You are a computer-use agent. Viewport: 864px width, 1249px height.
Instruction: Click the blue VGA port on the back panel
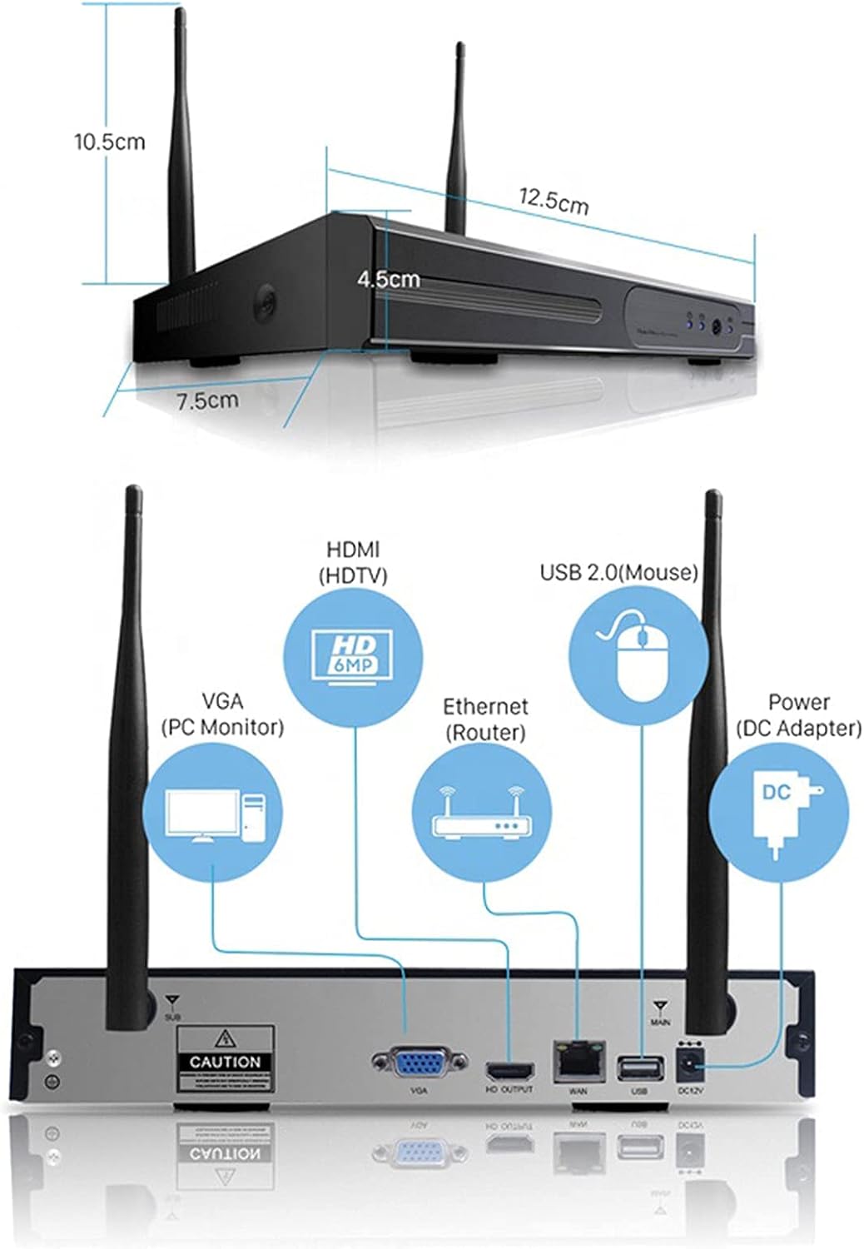point(419,1064)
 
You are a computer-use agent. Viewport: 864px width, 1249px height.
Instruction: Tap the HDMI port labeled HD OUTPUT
point(510,1070)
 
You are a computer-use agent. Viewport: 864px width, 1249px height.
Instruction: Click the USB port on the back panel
point(639,1067)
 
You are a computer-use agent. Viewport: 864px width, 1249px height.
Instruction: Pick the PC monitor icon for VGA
point(213,816)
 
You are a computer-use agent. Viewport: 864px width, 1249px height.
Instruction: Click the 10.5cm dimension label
point(109,142)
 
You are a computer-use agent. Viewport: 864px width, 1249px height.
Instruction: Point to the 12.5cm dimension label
point(554,202)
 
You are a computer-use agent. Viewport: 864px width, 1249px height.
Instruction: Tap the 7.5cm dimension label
point(207,401)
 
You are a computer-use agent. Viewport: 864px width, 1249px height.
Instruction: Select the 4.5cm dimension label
point(389,280)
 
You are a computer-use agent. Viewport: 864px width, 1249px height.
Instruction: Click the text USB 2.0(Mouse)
point(618,572)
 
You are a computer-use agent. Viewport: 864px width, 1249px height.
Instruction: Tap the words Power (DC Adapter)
point(798,715)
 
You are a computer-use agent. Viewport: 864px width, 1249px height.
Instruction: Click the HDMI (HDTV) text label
point(353,562)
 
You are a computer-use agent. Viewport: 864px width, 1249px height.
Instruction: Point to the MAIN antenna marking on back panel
point(661,1013)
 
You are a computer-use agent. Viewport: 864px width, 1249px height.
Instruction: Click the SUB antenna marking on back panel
point(172,1006)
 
